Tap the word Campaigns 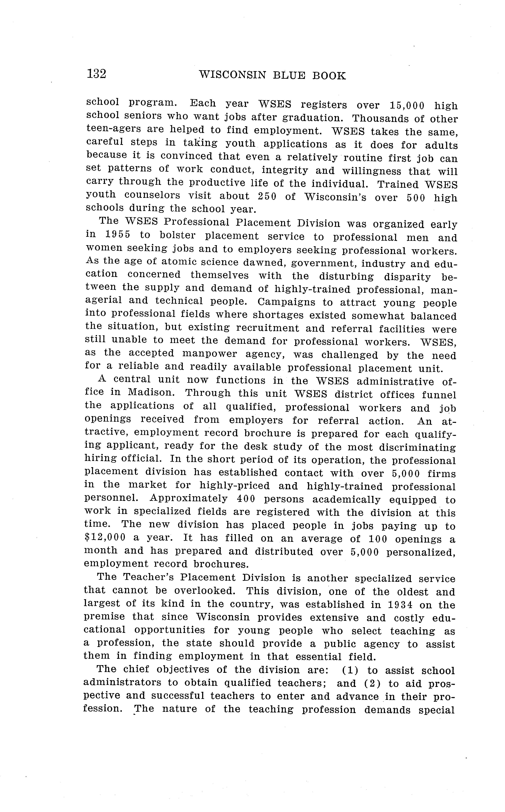[x=286, y=302]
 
